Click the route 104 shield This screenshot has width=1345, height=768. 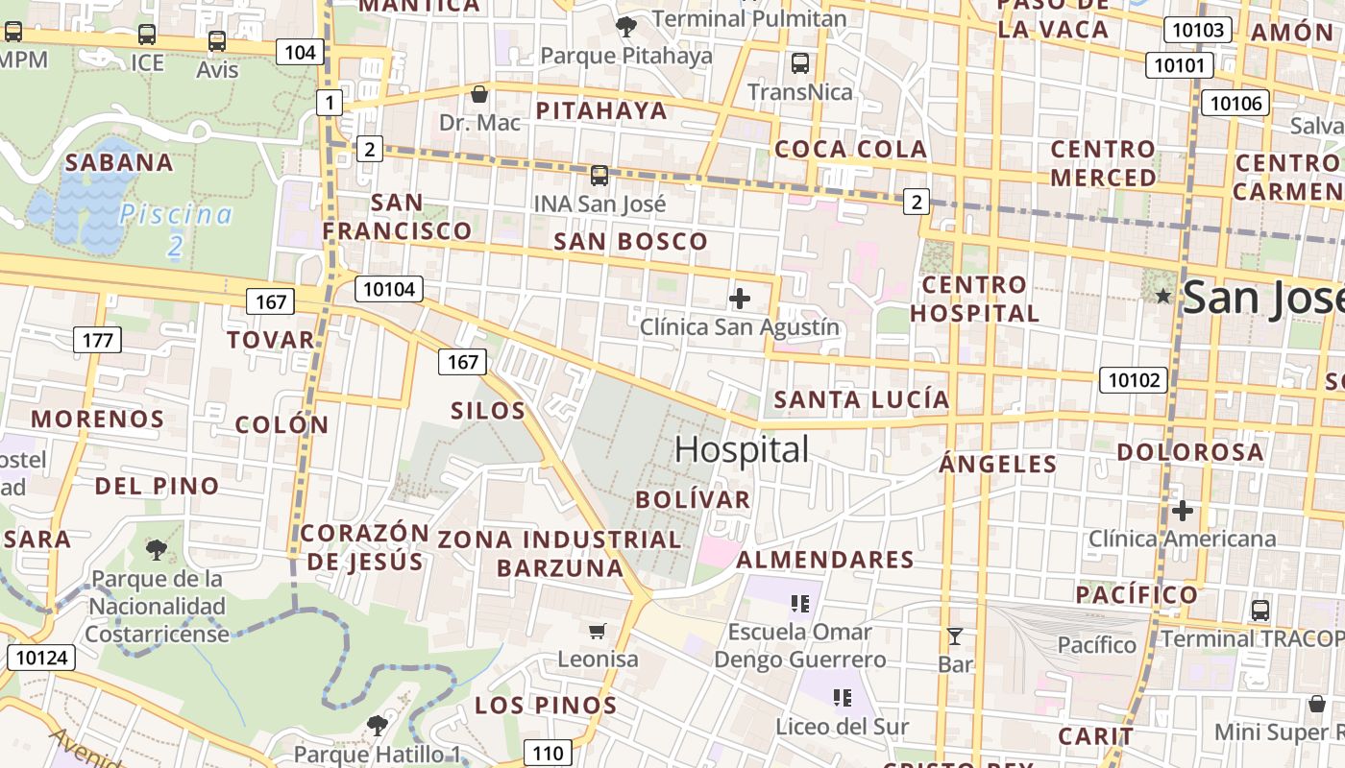pos(300,52)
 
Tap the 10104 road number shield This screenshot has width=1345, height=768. pos(389,288)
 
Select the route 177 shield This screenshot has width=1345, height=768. pos(97,339)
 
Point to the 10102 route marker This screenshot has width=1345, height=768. pos(1134,380)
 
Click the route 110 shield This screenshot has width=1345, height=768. pos(548,752)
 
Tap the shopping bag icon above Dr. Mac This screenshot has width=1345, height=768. pos(478,94)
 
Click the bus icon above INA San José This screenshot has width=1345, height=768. pos(599,176)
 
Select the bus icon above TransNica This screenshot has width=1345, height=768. pos(799,63)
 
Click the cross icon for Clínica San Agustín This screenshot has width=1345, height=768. pos(739,299)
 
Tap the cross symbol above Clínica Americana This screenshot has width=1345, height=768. pos(1182,510)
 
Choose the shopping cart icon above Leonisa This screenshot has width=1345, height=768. pos(597,631)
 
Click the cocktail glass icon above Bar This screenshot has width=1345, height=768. pos(954,636)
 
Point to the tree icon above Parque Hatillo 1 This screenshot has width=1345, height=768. pos(377,725)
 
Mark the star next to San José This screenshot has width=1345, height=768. pos(1163,296)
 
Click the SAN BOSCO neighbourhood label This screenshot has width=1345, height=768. pos(630,241)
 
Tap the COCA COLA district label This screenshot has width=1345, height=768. pos(850,149)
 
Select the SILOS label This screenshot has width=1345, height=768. pos(488,411)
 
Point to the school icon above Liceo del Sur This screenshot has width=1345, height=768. pos(843,698)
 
